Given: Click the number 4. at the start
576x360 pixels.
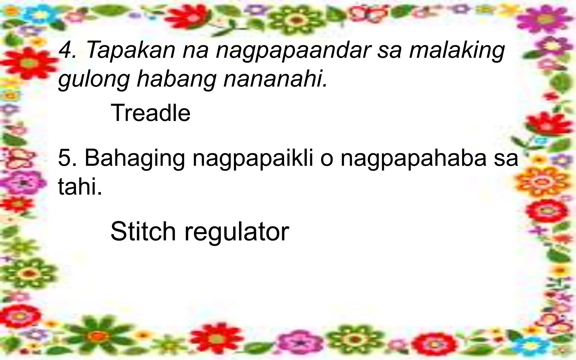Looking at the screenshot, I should (67, 50).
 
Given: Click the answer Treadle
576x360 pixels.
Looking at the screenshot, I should (151, 113).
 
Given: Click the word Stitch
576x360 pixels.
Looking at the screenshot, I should (143, 231).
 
